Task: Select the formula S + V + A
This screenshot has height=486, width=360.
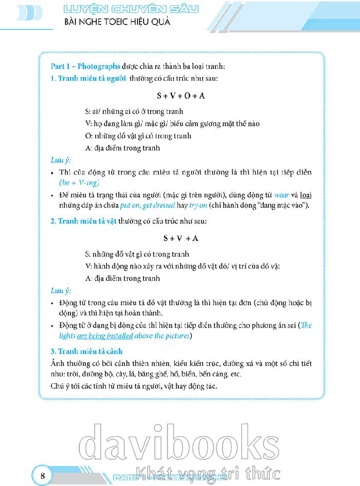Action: coord(181,238)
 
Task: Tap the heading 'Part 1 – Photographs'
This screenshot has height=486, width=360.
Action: coord(85,66)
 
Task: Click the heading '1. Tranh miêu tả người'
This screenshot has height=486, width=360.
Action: coord(88,78)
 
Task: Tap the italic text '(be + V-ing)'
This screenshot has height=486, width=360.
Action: coord(79,183)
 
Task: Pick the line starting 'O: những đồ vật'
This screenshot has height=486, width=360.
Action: coord(138,136)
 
